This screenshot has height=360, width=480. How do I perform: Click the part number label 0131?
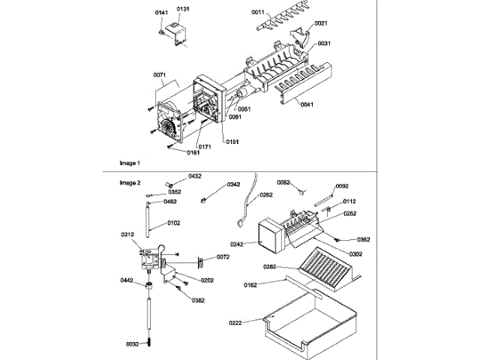(183, 9)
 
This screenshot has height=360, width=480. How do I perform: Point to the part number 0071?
(159, 75)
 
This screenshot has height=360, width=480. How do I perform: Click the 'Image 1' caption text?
(130, 163)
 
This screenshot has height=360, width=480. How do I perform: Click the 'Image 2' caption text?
(130, 182)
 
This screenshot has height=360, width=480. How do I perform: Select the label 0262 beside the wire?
(265, 195)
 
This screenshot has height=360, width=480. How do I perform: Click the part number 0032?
(132, 344)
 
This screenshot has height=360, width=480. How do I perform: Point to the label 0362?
(364, 239)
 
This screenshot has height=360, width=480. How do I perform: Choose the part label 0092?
(342, 186)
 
